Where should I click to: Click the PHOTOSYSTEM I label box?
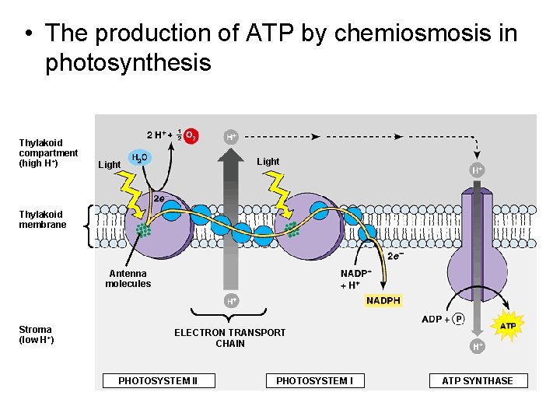coord(314,380)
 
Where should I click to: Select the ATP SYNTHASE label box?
coord(478,380)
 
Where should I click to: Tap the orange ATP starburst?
coord(507,325)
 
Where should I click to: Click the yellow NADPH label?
coord(383,301)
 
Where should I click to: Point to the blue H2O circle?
coord(139,158)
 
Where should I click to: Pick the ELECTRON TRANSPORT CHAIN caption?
coord(229,338)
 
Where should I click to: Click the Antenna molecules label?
coord(128,278)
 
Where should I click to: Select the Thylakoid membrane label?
coord(43,219)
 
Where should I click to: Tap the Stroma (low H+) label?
coord(36,334)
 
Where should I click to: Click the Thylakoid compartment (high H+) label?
coord(48,153)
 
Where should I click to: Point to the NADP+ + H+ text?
coord(355,279)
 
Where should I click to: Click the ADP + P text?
coord(443,319)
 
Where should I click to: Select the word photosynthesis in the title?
coord(128,62)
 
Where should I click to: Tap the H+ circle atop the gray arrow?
coord(231,136)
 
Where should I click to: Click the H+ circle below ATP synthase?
coord(478,346)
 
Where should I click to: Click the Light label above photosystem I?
coord(268,162)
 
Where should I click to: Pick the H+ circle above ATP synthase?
coord(477,170)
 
